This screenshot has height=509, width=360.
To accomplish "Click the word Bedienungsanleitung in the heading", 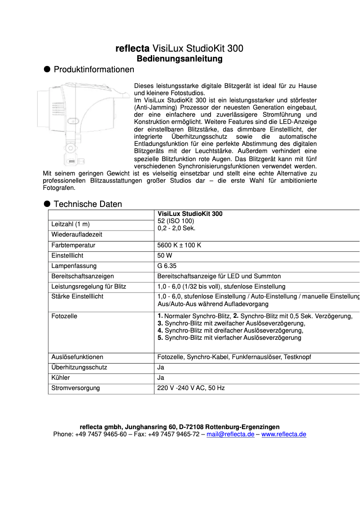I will point(180,59).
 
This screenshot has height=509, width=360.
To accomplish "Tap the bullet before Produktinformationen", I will point(46,69).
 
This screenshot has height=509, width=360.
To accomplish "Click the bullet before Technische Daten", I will point(46,203).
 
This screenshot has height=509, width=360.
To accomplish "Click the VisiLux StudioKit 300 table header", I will point(190,214).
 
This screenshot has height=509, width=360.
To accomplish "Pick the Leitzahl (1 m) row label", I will point(73,224).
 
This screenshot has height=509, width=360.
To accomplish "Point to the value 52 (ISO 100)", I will point(176,221).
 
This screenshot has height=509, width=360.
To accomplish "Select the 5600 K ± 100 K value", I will point(179,246).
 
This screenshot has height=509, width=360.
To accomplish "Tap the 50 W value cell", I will point(165,255).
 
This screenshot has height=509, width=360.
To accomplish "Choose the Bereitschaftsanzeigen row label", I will point(83,276).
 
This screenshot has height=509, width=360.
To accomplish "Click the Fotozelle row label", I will point(64,316).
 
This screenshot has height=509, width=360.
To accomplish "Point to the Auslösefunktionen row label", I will point(77,357).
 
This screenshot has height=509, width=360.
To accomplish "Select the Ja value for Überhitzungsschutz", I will point(161,367).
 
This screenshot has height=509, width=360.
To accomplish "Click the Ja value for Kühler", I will point(161,377).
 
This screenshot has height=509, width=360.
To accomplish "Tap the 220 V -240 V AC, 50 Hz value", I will point(191,388).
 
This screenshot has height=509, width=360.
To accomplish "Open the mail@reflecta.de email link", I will point(230,434).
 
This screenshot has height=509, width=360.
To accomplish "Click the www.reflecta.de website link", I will point(284,434).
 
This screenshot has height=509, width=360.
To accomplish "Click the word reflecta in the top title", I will point(132,48).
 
